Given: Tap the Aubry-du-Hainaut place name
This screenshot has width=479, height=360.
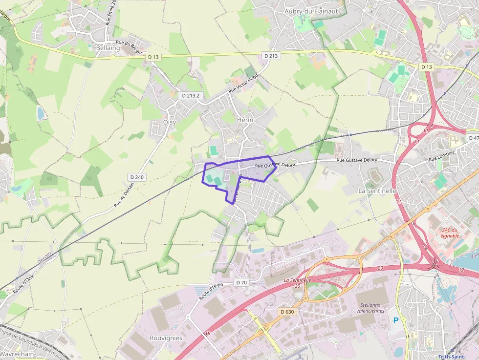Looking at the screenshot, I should pos(311,11).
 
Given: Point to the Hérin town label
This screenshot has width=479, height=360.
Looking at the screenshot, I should pos(244,120).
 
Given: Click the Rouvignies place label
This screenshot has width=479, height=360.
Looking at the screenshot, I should pos(166,338).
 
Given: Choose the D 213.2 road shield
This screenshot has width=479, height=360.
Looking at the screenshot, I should pos(191,96).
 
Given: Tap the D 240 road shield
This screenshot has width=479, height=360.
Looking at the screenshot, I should pos(137,177).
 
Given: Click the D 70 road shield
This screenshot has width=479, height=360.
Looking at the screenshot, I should pos(241,282).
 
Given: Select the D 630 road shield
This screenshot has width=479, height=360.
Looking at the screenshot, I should pos(287,311).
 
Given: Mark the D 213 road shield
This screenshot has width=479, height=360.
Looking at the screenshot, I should pos(271,56).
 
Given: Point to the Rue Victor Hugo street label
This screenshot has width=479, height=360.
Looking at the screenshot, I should pos(243,84).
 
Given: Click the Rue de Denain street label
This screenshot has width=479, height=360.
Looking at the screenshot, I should pos(124,197).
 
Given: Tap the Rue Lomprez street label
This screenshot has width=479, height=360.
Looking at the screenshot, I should pos(442,156).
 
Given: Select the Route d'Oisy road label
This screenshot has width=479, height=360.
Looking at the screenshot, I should pos(23,284).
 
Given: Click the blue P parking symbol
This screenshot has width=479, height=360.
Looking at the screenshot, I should pos(396,320).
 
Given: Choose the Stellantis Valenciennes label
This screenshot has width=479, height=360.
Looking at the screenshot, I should pos(370,307).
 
